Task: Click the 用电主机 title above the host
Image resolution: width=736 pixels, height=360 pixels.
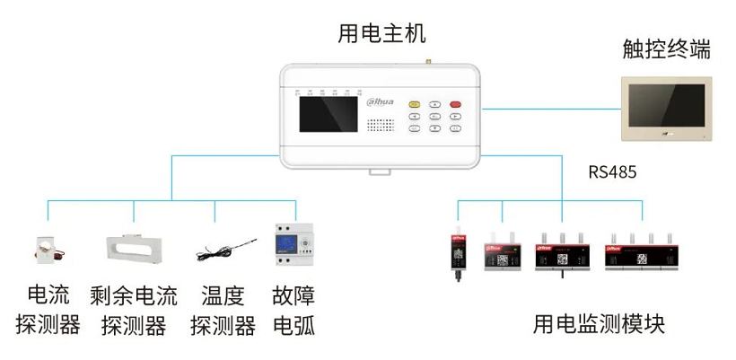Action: (381, 34)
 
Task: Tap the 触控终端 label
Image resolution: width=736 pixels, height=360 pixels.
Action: (666, 48)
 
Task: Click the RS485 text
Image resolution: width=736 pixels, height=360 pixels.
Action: (612, 172)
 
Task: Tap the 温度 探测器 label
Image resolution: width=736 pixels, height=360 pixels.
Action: (223, 310)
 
